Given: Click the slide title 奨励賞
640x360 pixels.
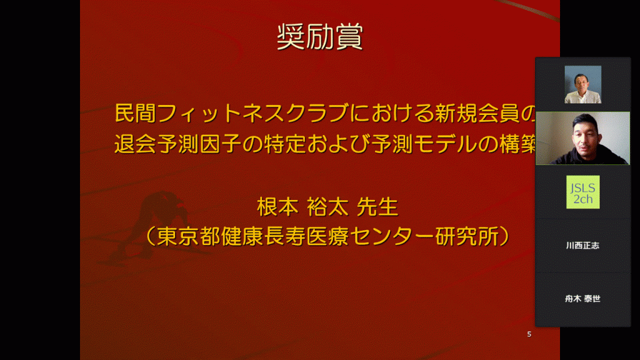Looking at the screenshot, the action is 320,37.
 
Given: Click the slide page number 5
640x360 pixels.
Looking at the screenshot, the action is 529,334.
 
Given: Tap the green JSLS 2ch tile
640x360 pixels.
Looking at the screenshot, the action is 583,192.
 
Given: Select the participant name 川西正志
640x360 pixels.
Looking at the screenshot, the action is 582,245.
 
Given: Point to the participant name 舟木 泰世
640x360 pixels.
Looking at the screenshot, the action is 582,299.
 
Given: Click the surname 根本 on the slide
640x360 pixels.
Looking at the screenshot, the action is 277,207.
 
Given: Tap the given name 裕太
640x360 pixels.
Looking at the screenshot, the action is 327,207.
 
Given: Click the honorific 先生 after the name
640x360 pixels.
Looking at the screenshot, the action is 377,207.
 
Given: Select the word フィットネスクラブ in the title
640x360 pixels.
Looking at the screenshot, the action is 252,113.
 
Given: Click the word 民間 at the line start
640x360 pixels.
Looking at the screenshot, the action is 135,113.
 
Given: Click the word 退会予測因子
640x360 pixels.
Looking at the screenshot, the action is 177,144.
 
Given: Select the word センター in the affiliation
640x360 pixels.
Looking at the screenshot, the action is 392,236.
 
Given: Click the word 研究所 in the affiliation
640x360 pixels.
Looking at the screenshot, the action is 467,236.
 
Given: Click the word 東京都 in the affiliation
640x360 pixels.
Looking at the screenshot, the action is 189,236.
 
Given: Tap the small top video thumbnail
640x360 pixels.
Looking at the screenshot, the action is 583,84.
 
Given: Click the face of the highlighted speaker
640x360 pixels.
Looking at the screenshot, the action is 585,132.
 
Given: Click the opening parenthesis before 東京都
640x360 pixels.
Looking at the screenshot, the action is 150,236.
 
